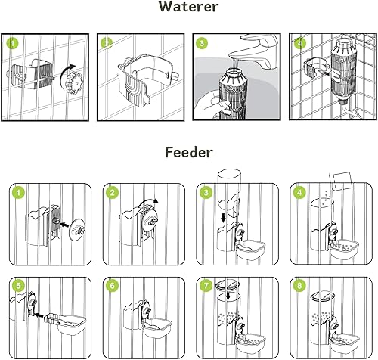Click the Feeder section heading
click(x=189, y=153)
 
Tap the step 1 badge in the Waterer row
click(x=12, y=43)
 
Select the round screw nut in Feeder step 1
click(x=74, y=225)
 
